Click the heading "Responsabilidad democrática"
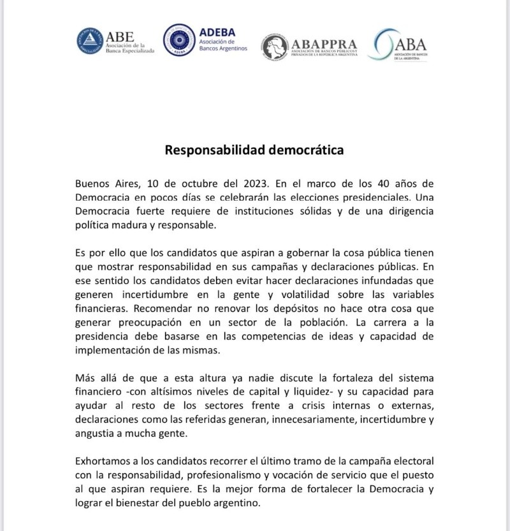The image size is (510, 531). (x=254, y=150)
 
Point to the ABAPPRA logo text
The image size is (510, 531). (x=324, y=44)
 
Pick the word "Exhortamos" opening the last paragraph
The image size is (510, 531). (x=105, y=460)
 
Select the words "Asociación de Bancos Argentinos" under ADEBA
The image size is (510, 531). (x=222, y=45)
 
